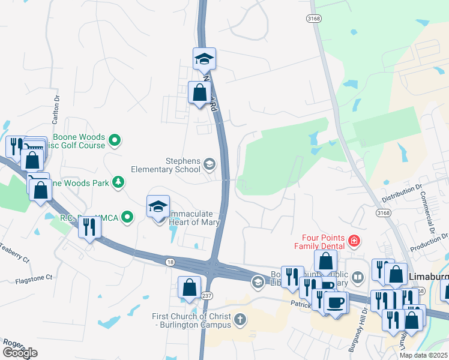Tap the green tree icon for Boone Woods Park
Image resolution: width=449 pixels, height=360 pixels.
(118, 181)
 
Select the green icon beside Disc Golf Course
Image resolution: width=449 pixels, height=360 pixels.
(115, 141)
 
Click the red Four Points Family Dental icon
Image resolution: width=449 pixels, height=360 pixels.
(354, 241)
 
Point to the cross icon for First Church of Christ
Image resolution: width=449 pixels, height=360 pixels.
(240, 319)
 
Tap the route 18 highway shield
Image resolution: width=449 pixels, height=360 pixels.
(170, 262)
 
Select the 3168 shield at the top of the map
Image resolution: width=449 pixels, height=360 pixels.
(312, 19)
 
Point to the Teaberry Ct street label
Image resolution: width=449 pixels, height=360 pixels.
(14, 253)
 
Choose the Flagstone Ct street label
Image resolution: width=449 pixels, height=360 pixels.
(34, 278)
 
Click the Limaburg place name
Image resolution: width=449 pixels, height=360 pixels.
(429, 276)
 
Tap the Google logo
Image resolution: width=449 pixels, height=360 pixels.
(20, 353)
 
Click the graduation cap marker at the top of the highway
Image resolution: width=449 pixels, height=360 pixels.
(204, 59)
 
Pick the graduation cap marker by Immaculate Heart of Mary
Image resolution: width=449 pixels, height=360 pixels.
(158, 207)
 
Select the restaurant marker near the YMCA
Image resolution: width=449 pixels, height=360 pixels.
(89, 227)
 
